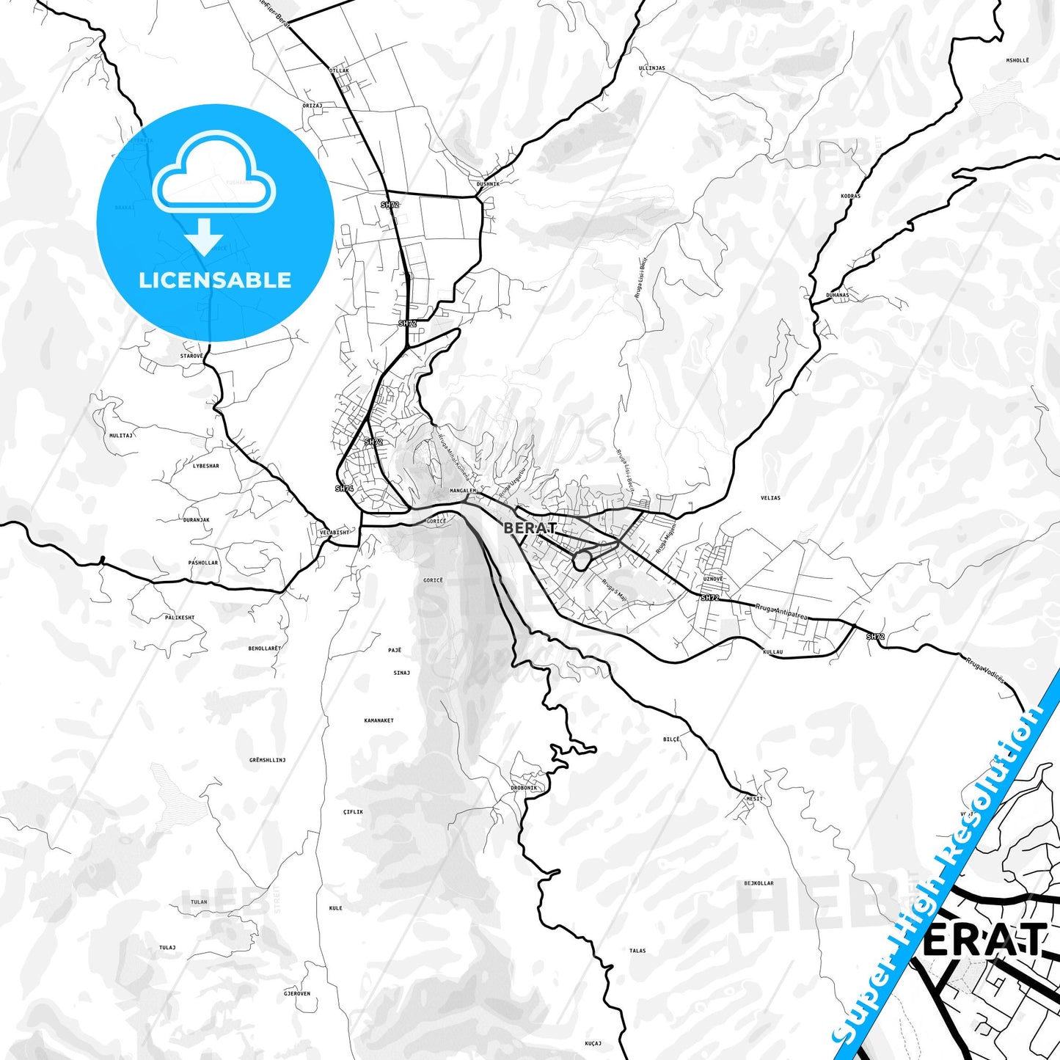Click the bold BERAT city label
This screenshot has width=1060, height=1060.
(x=530, y=527)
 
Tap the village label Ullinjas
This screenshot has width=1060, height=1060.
(x=651, y=68)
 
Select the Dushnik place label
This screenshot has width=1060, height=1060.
(x=488, y=184)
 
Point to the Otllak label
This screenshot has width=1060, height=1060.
(x=340, y=71)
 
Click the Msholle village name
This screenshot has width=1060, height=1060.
(x=1017, y=60)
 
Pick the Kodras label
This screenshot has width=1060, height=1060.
(x=851, y=197)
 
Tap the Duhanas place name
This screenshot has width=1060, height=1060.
(x=837, y=295)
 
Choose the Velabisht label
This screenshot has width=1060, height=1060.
(x=335, y=533)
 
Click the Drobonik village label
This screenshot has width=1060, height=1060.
(x=524, y=788)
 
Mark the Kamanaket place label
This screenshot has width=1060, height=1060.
(x=379, y=720)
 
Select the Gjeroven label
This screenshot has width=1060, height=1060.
(x=297, y=993)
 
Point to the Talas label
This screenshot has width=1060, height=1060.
(x=637, y=951)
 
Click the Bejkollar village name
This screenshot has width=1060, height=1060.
(x=759, y=883)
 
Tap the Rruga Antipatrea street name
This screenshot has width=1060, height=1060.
(x=781, y=613)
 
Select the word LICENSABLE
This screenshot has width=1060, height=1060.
(x=215, y=280)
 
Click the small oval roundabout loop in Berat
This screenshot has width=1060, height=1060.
(x=582, y=561)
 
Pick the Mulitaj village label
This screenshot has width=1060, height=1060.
(x=120, y=435)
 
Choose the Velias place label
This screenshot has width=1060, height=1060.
(x=770, y=498)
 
